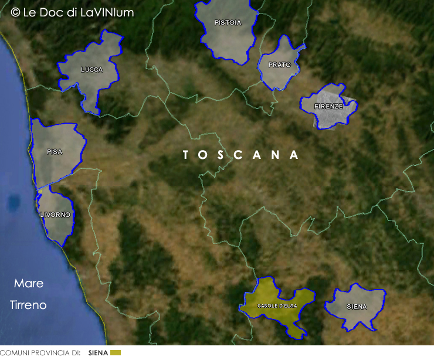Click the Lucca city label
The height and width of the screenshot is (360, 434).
coord(91,70)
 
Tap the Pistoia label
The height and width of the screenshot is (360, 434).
coord(228,23)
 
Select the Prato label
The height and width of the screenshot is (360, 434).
coord(279,65)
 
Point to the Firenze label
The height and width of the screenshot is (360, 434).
coord(328,107)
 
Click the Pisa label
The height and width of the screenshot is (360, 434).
coord(55,152)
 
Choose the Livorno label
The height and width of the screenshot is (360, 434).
coord(55,215)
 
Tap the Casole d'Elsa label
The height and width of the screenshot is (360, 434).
coord(277,306)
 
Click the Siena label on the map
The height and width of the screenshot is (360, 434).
coord(357,307)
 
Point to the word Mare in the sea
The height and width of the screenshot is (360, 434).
coord(29,284)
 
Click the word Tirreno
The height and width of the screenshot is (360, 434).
coord(28,305)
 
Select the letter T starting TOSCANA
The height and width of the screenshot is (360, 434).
coord(186,155)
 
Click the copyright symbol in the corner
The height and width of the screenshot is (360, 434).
coord(15,12)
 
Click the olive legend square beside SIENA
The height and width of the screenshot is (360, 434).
coord(115,353)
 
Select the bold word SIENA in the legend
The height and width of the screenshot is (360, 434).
coord(98,353)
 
